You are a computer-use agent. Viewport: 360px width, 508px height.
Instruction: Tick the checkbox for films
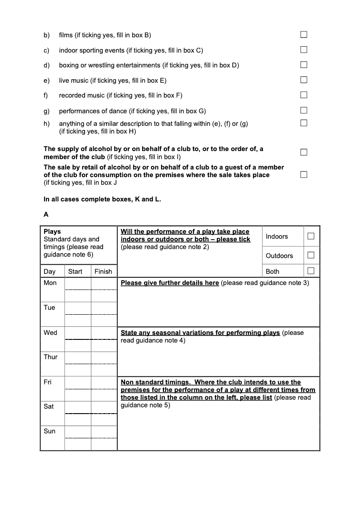304,35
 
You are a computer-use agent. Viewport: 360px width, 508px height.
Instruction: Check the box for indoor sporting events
304,50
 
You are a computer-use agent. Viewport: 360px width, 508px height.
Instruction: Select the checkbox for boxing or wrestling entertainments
304,65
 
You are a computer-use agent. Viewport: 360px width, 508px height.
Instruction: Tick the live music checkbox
304,80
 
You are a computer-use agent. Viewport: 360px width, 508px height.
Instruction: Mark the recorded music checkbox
304,95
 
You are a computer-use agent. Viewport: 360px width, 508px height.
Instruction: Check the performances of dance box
304,110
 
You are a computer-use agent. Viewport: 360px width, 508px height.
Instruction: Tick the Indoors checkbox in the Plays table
311,236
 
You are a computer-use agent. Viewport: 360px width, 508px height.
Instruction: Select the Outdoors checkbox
311,255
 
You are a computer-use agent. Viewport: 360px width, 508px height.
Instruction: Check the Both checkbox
311,271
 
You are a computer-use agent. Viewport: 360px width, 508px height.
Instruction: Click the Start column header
75,272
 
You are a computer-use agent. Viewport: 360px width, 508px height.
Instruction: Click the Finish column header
103,272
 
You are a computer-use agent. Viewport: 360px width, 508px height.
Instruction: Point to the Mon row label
50,283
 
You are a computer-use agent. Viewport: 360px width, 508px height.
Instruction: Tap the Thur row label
50,357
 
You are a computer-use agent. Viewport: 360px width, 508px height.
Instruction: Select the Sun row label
49,431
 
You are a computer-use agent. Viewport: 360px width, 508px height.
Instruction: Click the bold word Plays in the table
52,232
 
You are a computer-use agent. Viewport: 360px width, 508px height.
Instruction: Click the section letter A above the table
46,214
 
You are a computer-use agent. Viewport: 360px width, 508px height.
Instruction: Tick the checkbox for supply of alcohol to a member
304,152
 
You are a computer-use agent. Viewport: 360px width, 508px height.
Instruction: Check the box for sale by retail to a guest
304,174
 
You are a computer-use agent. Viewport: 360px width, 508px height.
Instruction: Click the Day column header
49,272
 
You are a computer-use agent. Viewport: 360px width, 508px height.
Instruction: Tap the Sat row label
49,406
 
